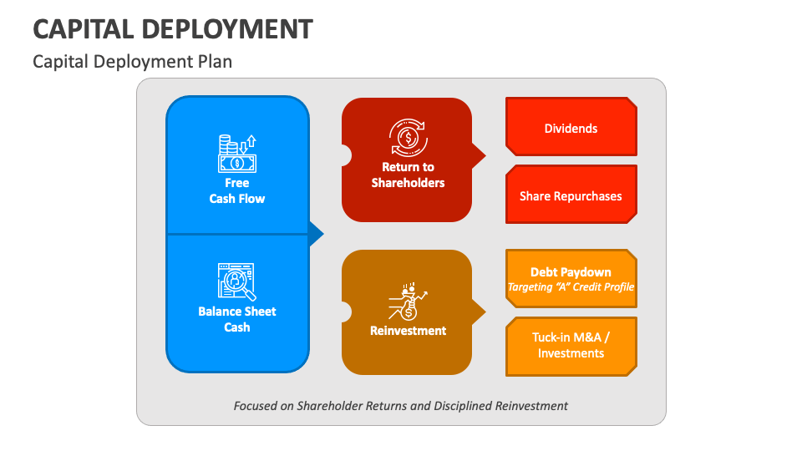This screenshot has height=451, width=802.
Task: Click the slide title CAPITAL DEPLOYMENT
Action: (x=173, y=29)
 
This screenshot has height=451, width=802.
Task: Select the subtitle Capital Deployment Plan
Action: (x=132, y=62)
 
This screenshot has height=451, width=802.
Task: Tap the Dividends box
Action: (x=571, y=128)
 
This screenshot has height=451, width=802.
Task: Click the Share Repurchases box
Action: (x=571, y=195)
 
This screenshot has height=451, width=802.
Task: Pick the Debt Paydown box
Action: (x=571, y=272)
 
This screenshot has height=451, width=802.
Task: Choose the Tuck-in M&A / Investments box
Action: (x=571, y=345)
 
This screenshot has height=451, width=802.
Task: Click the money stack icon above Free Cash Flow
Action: (x=237, y=154)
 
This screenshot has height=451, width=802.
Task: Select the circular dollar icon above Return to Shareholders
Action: (x=408, y=137)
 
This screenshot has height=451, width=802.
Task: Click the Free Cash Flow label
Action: (x=237, y=190)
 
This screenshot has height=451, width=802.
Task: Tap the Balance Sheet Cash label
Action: (x=237, y=319)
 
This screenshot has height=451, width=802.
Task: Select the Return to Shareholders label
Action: (x=408, y=175)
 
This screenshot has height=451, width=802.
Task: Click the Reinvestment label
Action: (x=408, y=331)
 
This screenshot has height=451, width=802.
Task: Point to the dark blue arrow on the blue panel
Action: (x=316, y=234)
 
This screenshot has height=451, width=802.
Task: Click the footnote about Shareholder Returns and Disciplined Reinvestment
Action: (x=401, y=406)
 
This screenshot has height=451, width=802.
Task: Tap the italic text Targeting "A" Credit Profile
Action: (x=571, y=287)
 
